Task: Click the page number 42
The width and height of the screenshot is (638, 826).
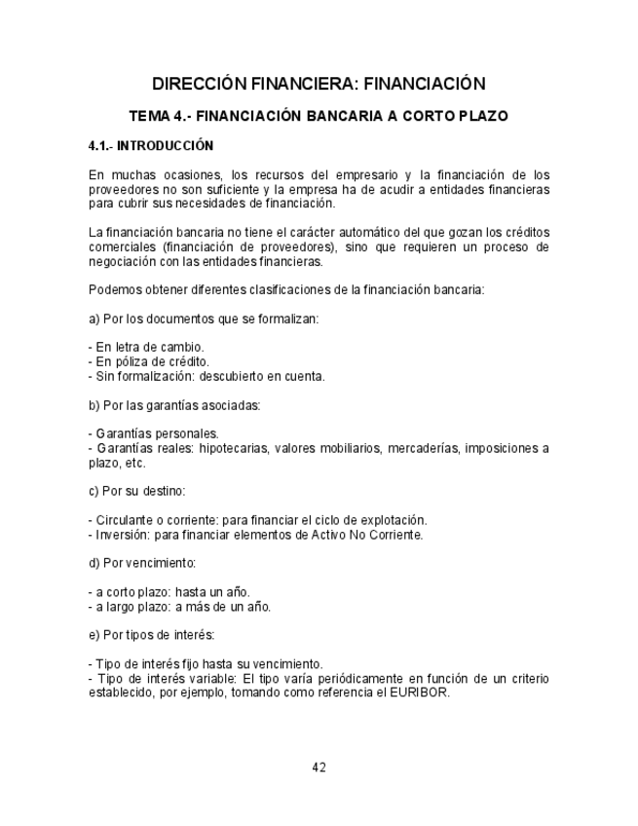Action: point(319,767)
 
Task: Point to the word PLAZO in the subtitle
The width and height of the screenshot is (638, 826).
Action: point(480,116)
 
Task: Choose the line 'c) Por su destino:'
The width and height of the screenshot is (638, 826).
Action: point(136,491)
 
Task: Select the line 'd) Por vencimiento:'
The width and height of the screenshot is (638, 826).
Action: point(142,563)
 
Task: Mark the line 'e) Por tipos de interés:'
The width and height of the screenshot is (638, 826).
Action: point(151,635)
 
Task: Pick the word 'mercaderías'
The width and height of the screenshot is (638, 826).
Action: point(425,448)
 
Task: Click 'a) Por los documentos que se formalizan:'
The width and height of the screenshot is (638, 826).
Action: point(204,319)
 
